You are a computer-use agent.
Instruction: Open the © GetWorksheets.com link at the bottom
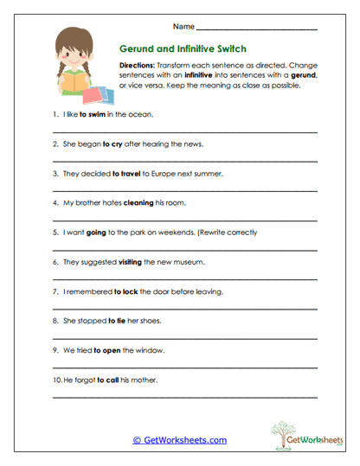179,440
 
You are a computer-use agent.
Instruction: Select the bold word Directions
137,65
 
